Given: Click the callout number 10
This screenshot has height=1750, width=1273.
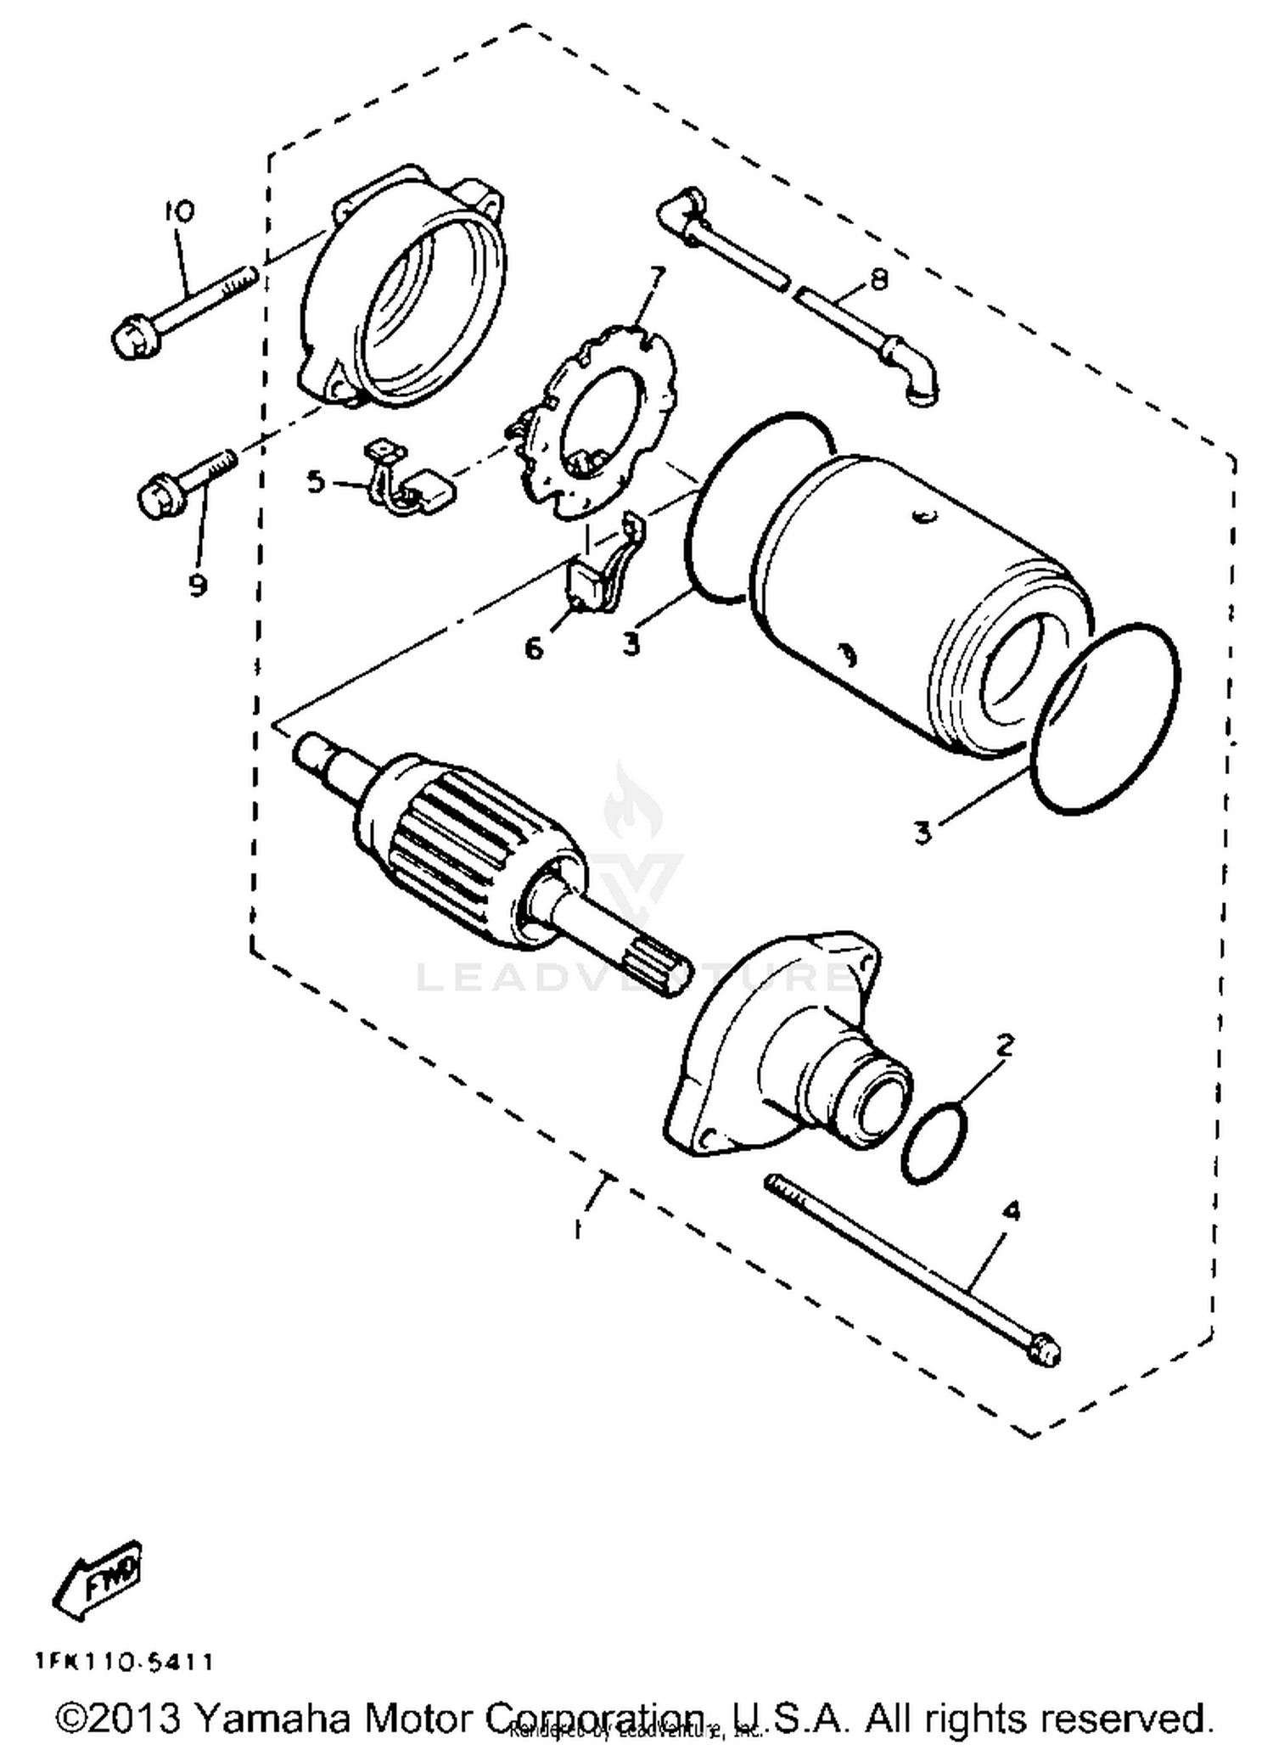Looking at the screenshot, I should [x=180, y=210].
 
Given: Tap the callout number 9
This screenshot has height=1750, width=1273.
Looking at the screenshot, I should [x=198, y=585].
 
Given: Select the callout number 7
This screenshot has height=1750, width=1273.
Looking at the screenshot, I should [x=658, y=277].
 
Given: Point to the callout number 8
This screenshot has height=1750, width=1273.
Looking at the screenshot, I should [x=879, y=279].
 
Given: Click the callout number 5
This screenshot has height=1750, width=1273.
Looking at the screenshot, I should [x=316, y=483].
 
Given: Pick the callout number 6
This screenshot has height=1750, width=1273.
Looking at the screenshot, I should [x=533, y=648].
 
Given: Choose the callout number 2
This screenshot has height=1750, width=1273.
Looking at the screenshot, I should [x=1005, y=1045].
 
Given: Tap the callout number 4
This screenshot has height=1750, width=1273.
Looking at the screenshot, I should [x=1011, y=1211].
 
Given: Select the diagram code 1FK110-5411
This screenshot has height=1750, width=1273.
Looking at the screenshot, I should [x=124, y=1661].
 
